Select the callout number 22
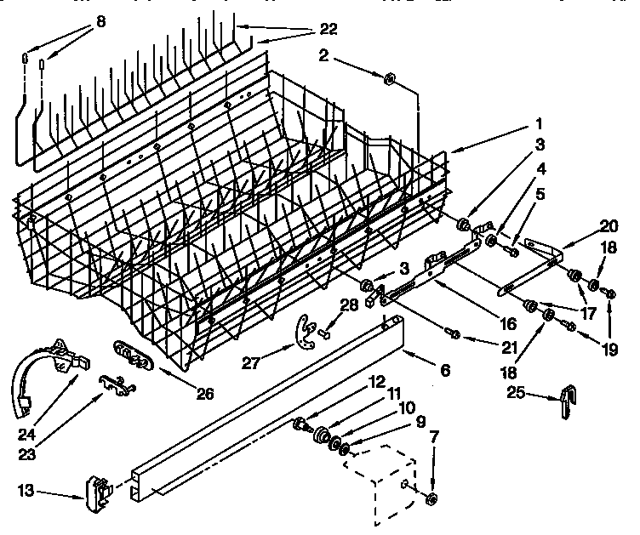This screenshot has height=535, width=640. [x=327, y=29]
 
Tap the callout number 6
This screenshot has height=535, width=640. [x=445, y=370]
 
